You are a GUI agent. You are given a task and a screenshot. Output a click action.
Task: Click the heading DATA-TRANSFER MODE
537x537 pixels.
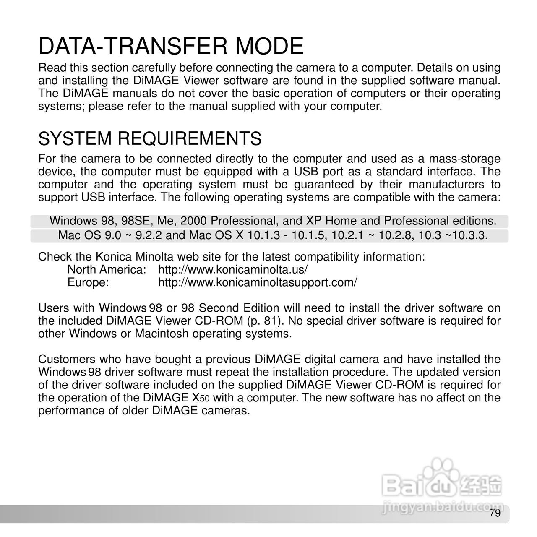point(171,46)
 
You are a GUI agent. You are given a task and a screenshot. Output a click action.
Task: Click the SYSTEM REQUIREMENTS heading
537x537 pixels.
point(150,138)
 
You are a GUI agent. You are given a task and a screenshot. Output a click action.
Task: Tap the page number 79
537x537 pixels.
point(495,514)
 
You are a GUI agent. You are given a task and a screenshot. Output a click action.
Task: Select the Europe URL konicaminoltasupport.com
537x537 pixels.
point(257,282)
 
